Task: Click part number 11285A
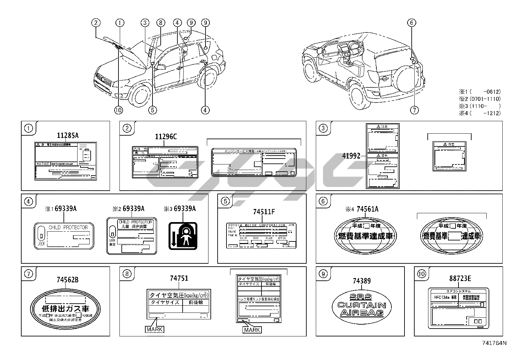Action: tap(68, 136)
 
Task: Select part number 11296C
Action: tap(166, 137)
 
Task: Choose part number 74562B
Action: tap(67, 280)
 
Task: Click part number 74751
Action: tap(179, 278)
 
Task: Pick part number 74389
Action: tap(362, 281)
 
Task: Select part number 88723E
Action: tap(460, 278)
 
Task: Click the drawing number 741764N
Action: tap(494, 343)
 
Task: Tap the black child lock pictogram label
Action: tap(183, 236)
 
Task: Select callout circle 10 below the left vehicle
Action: tap(118, 110)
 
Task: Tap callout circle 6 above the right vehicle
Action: tap(412, 23)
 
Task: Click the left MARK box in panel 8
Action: tap(154, 329)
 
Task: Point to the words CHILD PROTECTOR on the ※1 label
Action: tap(68, 227)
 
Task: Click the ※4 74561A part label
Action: tap(362, 209)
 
